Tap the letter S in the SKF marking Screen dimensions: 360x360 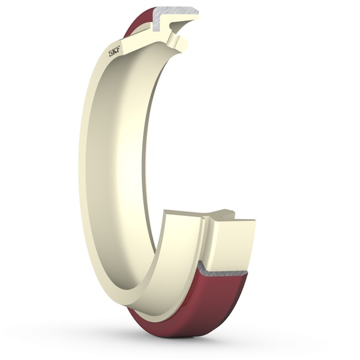point(110,54)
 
